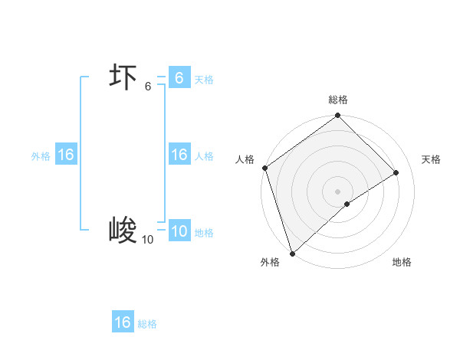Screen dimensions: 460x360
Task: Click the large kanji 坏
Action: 123,79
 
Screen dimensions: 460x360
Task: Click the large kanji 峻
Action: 123,231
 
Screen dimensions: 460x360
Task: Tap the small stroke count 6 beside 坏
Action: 148,87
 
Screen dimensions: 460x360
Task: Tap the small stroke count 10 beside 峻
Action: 147,240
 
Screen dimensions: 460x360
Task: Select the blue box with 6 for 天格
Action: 179,78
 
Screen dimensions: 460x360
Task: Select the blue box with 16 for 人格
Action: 179,155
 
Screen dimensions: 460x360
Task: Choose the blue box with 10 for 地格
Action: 179,231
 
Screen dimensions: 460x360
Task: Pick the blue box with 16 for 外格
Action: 65,155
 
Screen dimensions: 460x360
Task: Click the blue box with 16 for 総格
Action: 123,322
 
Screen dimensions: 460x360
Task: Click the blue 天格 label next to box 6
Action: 204,80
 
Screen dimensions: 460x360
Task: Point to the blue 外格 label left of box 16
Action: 41,156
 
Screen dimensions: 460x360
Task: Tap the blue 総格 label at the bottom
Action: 147,324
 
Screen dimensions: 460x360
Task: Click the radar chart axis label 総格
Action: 338,100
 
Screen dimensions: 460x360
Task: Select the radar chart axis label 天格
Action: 431,159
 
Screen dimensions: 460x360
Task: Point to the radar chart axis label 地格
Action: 402,262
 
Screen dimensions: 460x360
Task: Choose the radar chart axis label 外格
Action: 269,262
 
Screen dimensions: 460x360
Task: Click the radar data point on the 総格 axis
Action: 338,116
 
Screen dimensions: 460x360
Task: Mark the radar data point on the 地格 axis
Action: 347,204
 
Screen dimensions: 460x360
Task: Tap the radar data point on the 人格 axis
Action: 264,168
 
